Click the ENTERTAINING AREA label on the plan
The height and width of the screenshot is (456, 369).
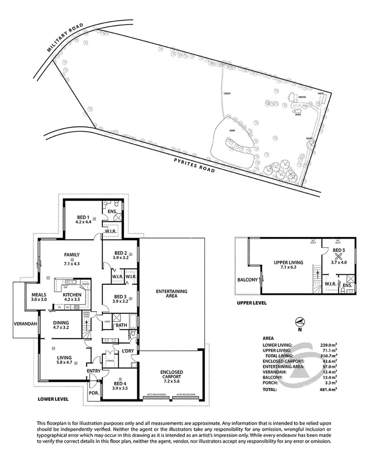[x=172, y=294]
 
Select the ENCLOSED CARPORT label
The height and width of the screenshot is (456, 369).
[x=171, y=376]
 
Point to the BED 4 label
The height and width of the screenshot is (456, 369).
[x=120, y=386]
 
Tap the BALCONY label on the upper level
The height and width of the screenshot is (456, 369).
[x=247, y=280]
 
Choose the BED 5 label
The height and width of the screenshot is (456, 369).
[x=339, y=253]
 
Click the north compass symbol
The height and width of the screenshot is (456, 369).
[x=298, y=324]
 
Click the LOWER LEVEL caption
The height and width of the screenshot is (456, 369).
[x=53, y=399]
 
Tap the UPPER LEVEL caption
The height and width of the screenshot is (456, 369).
[x=251, y=303]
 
